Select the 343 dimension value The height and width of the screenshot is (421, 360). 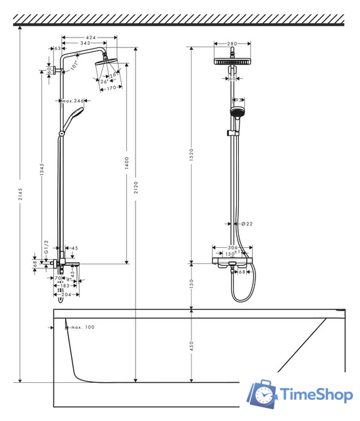(x=85, y=43)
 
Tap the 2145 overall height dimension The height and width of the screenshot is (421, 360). (x=20, y=198)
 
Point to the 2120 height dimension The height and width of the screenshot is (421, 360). (x=136, y=188)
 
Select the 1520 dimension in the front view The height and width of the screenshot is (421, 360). (x=192, y=155)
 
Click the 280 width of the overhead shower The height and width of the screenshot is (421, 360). (x=232, y=44)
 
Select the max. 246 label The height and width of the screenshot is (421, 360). (x=74, y=101)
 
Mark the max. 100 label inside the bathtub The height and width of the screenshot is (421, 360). (x=82, y=327)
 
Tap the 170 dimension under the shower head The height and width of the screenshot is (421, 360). (x=111, y=87)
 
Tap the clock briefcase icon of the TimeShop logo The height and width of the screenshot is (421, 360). (x=262, y=393)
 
